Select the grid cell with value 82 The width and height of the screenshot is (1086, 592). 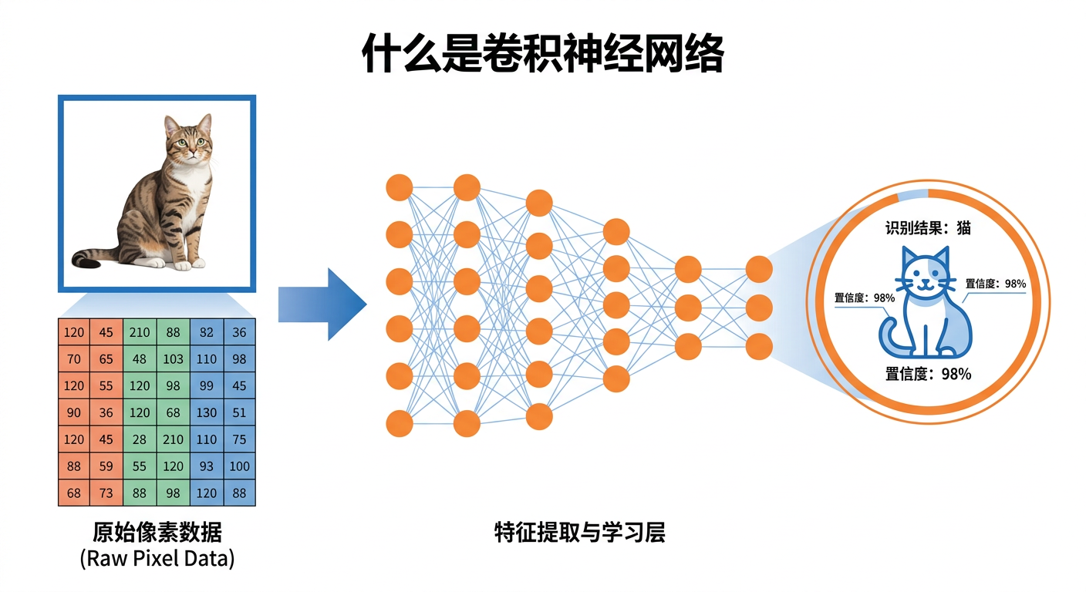coord(206,331)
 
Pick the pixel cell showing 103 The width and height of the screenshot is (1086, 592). coord(173,358)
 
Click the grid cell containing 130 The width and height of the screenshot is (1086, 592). coord(206,412)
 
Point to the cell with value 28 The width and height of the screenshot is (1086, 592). coord(140,439)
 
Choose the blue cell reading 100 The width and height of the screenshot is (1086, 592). coord(239,466)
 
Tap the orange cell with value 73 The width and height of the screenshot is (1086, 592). coord(106,493)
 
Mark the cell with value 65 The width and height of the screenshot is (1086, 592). coord(106,358)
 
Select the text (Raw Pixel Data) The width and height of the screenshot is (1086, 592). coord(157,558)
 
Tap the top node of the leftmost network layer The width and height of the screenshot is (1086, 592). coord(400,187)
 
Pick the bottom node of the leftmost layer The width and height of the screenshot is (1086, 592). coord(400,424)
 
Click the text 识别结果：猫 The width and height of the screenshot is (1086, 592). coord(928,227)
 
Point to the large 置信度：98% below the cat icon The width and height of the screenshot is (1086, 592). coord(928,374)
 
